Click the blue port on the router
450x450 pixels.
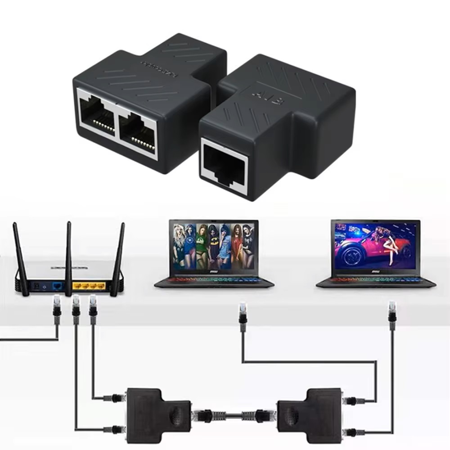(x=57, y=286)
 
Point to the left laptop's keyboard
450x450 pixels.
(x=214, y=279)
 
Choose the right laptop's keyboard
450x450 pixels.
(x=376, y=279)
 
